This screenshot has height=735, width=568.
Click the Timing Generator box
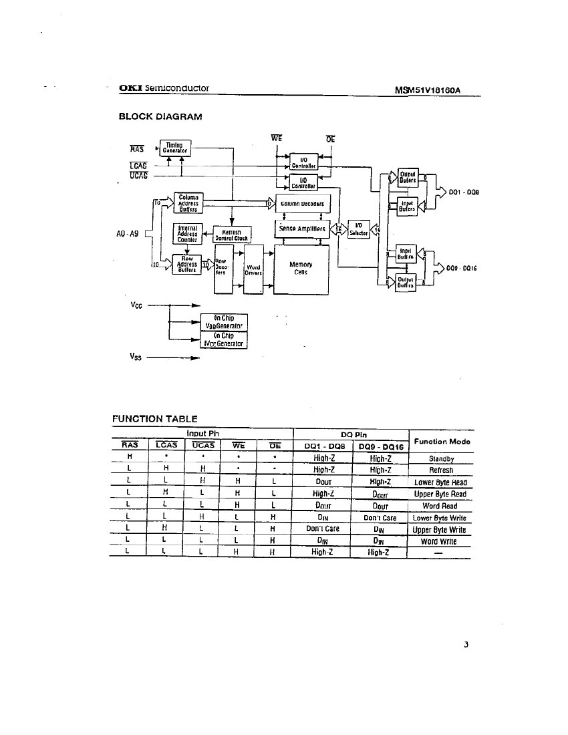click(174, 148)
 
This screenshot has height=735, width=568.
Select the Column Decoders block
click(302, 203)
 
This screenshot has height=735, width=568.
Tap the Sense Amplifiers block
click(302, 229)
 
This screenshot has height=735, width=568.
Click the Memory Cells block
click(301, 269)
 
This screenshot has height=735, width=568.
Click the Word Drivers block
click(254, 269)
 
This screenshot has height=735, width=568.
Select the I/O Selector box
click(359, 229)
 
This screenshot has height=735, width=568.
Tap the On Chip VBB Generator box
click(225, 322)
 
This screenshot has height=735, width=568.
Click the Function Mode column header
click(442, 441)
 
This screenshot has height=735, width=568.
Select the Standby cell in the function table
click(441, 458)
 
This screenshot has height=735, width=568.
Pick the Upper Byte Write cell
click(439, 529)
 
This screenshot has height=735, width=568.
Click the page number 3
click(467, 645)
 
